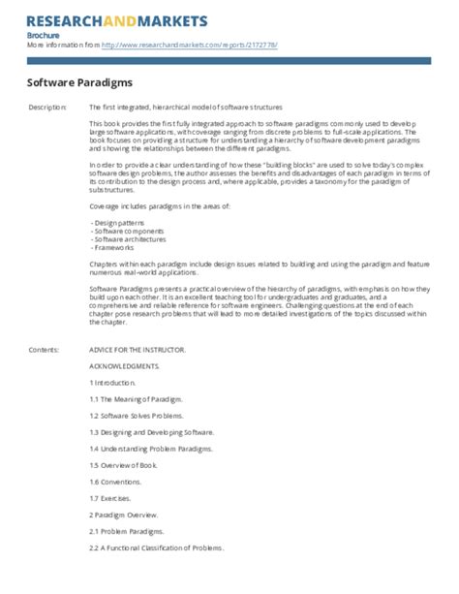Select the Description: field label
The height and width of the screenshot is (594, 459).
click(x=48, y=106)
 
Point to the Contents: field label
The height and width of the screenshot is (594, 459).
click(x=45, y=348)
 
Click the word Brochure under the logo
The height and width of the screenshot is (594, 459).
click(x=44, y=35)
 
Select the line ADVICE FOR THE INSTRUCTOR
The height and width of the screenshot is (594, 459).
click(x=137, y=348)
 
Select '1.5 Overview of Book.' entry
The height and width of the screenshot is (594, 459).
click(x=126, y=466)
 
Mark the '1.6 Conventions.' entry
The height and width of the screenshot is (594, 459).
click(x=118, y=482)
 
